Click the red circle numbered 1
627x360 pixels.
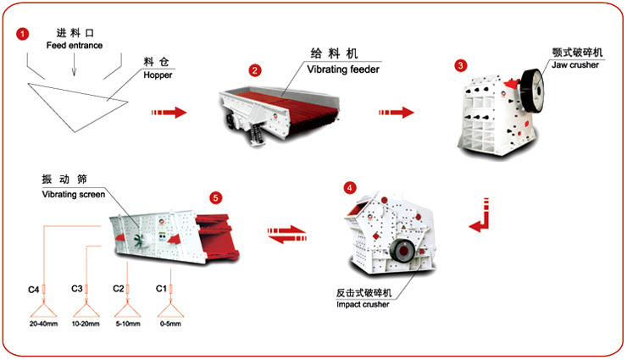22,33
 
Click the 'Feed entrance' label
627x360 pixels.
73,45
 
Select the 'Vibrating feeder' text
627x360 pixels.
342,69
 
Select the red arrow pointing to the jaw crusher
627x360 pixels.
397,112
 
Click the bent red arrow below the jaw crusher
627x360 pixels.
480,215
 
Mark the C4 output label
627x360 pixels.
33,290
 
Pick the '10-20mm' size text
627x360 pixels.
86,324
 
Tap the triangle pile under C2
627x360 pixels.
129,312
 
